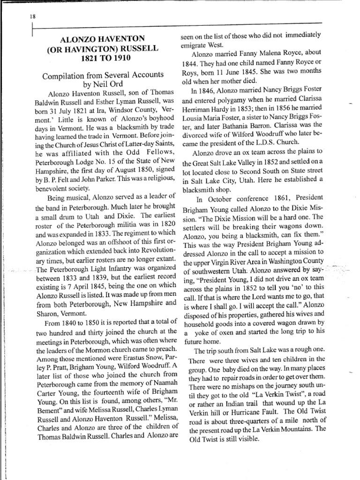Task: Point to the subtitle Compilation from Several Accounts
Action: [103, 75]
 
